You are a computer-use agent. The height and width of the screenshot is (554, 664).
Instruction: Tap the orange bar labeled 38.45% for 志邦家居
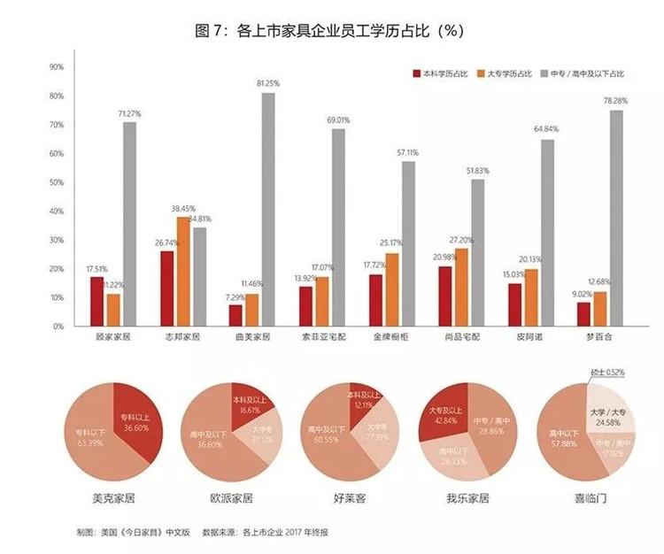pyautogui.click(x=183, y=271)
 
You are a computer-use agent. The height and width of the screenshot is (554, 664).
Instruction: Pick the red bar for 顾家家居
pyautogui.click(x=97, y=301)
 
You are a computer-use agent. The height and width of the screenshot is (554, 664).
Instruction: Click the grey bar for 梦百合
pyautogui.click(x=616, y=218)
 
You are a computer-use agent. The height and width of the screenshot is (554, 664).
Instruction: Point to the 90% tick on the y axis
pyautogui.click(x=56, y=67)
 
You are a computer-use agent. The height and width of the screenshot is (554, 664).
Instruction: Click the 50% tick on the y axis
pyautogui.click(x=56, y=182)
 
